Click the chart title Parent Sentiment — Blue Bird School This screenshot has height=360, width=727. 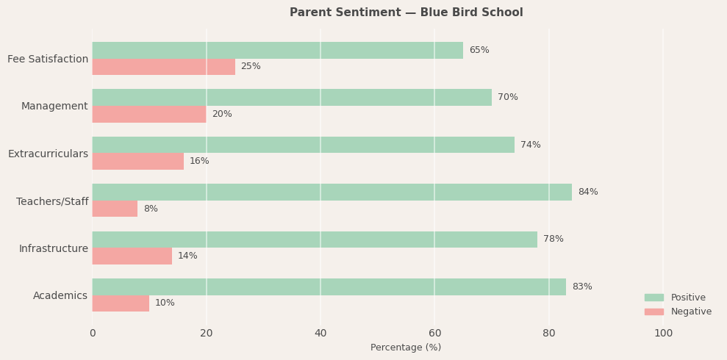pos(406,12)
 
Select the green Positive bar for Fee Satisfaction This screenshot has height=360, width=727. pos(277,50)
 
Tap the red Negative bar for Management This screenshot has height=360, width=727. pos(148,114)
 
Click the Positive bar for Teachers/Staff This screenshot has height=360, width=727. pos(332,192)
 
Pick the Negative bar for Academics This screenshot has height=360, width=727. pos(121,303)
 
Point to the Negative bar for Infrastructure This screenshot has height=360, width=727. pos(132,256)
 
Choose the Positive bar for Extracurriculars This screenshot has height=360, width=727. pos(303,145)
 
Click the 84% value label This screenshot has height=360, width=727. pos(587,192)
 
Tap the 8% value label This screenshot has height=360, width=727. pos(150,209)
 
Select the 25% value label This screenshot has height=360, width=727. pos(251,66)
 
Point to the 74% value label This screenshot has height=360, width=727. pos(530,145)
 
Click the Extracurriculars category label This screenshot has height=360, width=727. pos(48,154)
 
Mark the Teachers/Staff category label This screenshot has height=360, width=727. pos(52,201)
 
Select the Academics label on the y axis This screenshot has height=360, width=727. pos(60,295)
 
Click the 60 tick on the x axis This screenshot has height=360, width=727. pos(434,333)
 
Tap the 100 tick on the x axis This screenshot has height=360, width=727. pos(663,333)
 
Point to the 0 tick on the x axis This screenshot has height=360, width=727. pos(92,333)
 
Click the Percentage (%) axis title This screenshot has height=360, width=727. pos(406,348)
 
